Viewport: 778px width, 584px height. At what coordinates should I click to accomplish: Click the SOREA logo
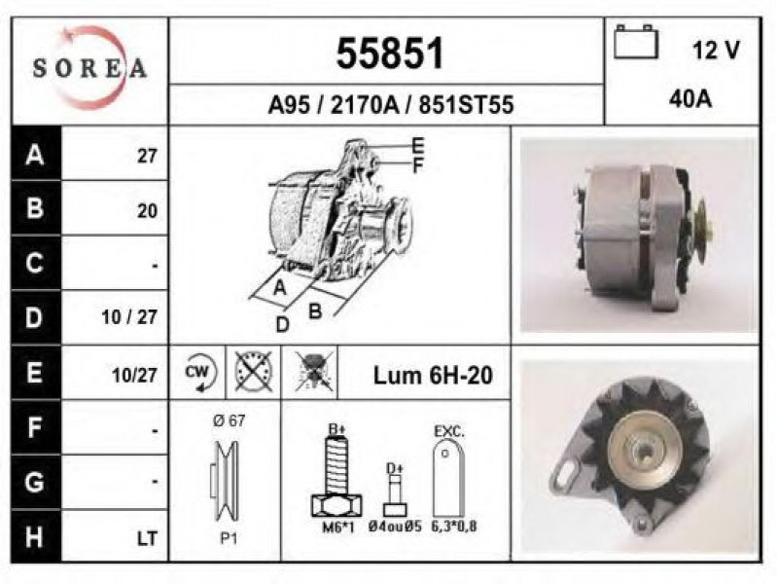click(x=89, y=68)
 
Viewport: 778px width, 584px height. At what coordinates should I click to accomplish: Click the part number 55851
click(x=390, y=54)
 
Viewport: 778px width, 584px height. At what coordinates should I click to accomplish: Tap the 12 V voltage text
click(x=716, y=51)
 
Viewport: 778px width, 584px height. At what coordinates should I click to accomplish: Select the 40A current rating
click(x=690, y=99)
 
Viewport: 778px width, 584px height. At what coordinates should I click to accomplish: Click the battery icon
click(x=636, y=42)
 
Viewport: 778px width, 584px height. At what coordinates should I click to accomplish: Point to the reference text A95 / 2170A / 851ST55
click(x=391, y=105)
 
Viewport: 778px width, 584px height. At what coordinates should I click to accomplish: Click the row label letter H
click(x=34, y=537)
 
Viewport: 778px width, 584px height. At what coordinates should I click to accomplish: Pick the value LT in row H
click(x=147, y=538)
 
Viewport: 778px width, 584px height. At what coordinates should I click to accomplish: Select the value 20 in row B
click(x=147, y=211)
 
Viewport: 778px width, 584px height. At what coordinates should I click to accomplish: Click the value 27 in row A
click(x=147, y=157)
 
